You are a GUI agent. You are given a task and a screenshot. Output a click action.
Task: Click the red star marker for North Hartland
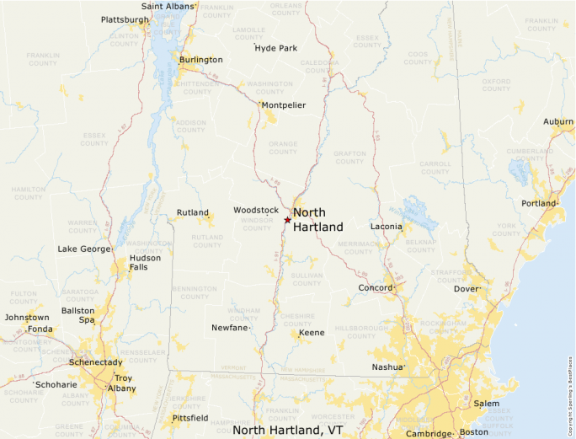pyautogui.click(x=287, y=220)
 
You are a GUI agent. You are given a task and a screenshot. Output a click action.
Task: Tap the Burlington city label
pyautogui.click(x=200, y=60)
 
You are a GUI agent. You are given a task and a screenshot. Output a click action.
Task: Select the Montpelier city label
pyautogui.click(x=283, y=105)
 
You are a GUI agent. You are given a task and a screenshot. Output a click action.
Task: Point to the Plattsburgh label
pyautogui.click(x=125, y=19)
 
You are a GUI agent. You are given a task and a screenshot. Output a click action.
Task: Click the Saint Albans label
pyautogui.click(x=168, y=6)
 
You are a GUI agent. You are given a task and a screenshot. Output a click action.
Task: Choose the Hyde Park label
pyautogui.click(x=276, y=48)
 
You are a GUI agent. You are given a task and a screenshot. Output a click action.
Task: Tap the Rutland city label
pyautogui.click(x=192, y=213)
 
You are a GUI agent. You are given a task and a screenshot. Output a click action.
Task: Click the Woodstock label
pyautogui.click(x=255, y=210)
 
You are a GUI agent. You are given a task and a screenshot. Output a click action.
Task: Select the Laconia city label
pyautogui.click(x=386, y=227)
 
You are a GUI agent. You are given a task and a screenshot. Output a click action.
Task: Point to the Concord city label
pyautogui.click(x=375, y=288)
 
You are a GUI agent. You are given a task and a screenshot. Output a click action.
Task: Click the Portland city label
pyautogui.click(x=538, y=204)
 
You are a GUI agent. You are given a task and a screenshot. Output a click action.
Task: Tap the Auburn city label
pyautogui.click(x=557, y=122)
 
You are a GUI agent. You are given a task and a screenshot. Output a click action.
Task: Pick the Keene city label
pyautogui.click(x=312, y=333)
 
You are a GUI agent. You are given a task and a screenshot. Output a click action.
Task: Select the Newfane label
pyautogui.click(x=229, y=327)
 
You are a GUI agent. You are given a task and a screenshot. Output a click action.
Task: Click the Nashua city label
pyautogui.click(x=387, y=367)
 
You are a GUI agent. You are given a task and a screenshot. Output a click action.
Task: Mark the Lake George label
pyautogui.click(x=83, y=249)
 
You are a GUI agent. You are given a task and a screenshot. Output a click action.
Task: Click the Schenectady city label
pyautogui.click(x=95, y=361)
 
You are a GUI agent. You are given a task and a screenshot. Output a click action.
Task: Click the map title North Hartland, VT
pyautogui.click(x=288, y=430)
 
